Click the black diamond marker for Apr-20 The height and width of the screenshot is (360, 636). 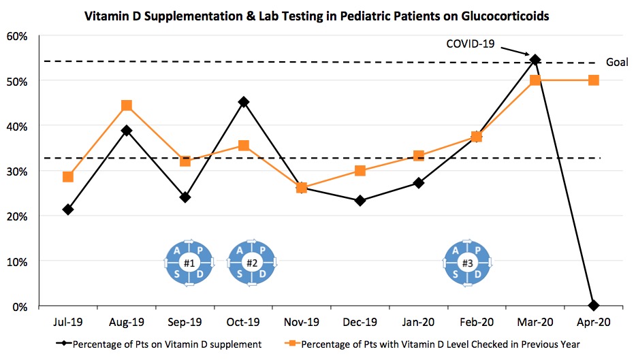click(593, 305)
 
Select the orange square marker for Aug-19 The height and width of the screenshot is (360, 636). click(126, 105)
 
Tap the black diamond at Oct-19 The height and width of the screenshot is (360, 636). click(243, 102)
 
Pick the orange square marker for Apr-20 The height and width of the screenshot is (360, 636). click(593, 80)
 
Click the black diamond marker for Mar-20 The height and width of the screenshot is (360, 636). click(535, 60)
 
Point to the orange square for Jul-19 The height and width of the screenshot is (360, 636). click(67, 177)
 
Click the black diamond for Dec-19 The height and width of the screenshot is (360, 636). click(360, 201)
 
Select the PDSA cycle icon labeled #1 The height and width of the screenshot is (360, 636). click(189, 263)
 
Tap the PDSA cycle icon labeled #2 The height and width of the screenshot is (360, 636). click(251, 263)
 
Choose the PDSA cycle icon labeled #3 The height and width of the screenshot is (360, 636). click(467, 263)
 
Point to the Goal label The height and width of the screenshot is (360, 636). click(617, 62)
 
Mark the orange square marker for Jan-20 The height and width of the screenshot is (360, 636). click(418, 156)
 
